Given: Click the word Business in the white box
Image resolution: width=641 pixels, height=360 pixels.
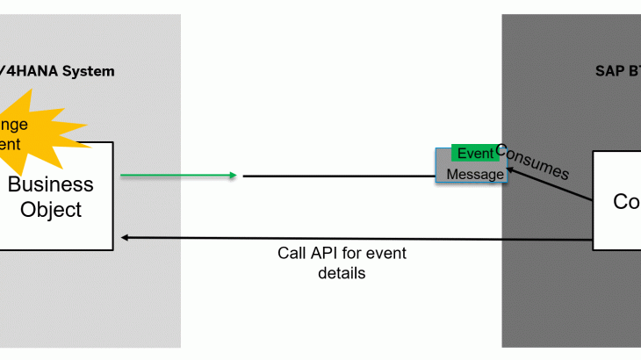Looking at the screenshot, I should click(50, 185).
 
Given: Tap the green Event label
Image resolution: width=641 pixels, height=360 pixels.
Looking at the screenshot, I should click(476, 154).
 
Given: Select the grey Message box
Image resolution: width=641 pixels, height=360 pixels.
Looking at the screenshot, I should click(475, 175).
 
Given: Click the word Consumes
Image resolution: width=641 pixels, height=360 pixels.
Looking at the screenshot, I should click(532, 161).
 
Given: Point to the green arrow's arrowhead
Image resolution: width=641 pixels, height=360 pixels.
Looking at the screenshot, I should click(233, 176).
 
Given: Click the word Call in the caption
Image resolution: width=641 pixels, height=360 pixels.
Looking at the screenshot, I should click(292, 254).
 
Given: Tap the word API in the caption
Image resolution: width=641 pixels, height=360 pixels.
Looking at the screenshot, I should click(325, 254).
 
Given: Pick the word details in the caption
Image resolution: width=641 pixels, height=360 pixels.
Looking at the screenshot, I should click(342, 273).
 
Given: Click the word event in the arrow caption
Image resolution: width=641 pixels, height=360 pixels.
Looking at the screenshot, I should click(386, 254).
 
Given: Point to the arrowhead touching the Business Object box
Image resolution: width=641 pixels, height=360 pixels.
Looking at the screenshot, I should click(126, 238).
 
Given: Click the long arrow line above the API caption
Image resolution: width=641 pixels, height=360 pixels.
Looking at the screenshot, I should click(351, 238).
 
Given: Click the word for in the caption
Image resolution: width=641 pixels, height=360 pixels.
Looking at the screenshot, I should click(353, 254).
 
